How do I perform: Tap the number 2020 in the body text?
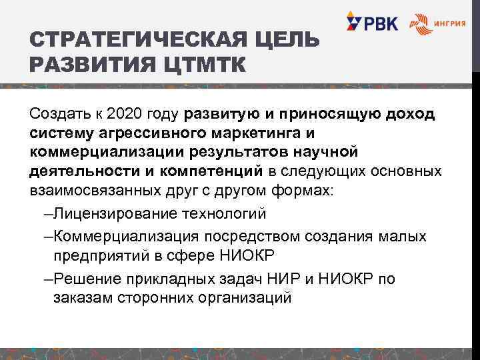(x=125, y=114)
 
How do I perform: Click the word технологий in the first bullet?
(x=229, y=215)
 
